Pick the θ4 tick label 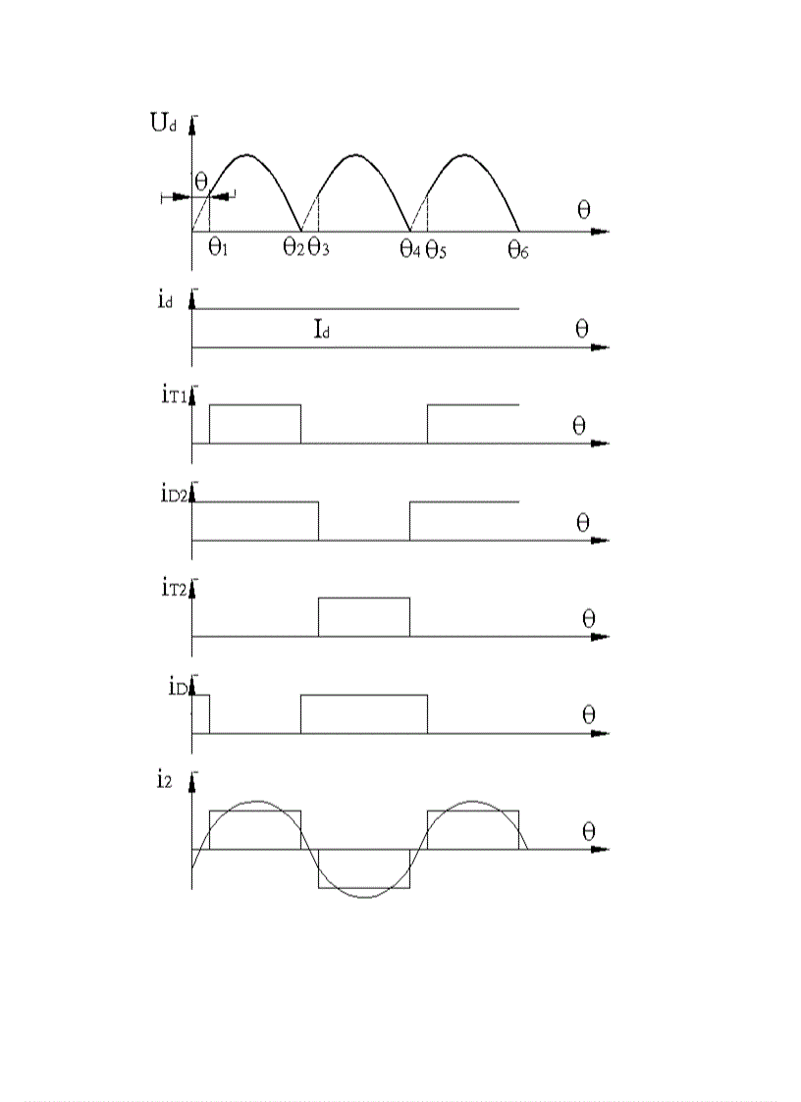point(410,248)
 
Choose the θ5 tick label point(436,248)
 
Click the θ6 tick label point(518,248)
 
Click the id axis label point(166,300)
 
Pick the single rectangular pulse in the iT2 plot point(364,616)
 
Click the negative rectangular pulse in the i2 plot point(364,869)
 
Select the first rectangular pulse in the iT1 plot point(255,423)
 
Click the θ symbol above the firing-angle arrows point(200,182)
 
